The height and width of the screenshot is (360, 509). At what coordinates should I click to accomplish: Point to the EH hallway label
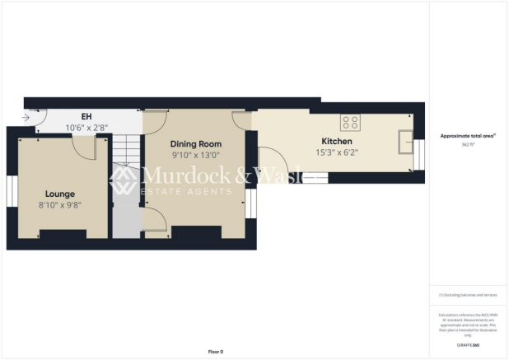coord(86,116)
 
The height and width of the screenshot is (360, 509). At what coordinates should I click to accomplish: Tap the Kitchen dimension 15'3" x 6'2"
coord(338,152)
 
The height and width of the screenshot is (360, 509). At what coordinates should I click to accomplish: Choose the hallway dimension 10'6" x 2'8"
coord(86,128)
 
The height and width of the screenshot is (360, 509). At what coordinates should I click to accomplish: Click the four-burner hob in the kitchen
coord(351,122)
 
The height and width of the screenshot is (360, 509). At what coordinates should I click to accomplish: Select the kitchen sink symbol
coord(405,142)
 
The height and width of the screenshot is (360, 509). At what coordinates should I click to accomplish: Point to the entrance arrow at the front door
coord(26,118)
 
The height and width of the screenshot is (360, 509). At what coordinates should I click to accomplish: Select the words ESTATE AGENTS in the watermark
coord(188,192)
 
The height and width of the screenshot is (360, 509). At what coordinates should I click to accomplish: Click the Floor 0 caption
coord(215,351)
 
